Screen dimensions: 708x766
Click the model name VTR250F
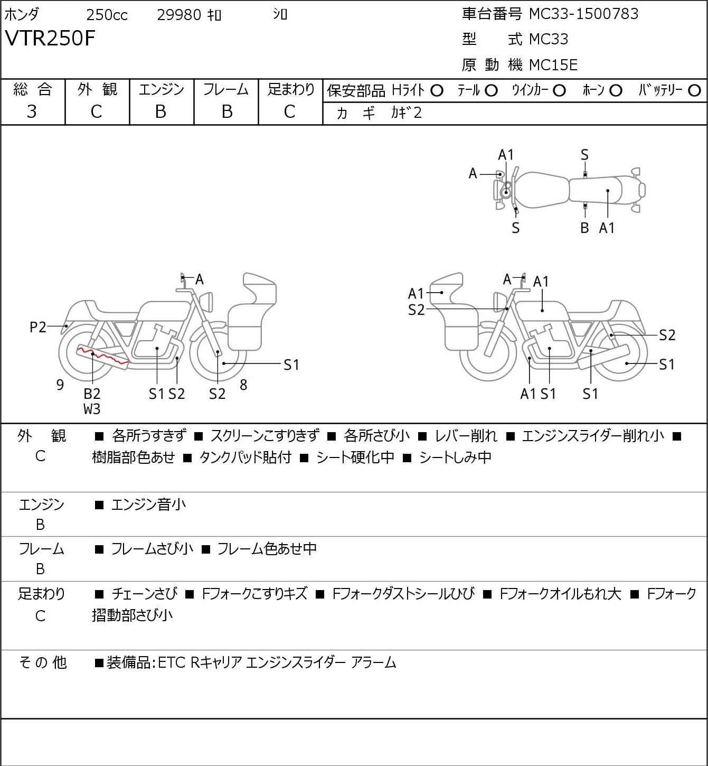(x=50, y=38)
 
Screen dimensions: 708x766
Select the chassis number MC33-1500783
(x=583, y=14)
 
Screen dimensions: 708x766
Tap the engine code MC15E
(x=553, y=65)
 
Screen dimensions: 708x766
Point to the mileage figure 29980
(x=179, y=15)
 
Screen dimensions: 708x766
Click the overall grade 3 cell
(x=32, y=111)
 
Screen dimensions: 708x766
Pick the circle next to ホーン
(x=616, y=91)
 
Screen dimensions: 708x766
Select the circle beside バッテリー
(x=694, y=91)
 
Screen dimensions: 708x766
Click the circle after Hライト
(x=437, y=91)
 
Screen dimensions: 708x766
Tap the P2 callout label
(x=38, y=327)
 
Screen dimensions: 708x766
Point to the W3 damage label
(x=92, y=408)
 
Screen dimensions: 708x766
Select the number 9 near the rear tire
(x=60, y=385)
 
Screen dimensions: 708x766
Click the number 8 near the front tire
(x=243, y=385)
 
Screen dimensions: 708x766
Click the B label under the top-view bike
(x=584, y=228)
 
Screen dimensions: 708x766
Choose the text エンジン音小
(x=148, y=505)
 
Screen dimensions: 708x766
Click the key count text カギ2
(x=407, y=113)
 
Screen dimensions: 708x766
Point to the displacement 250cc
(x=107, y=15)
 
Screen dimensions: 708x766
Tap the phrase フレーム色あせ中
(x=267, y=549)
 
